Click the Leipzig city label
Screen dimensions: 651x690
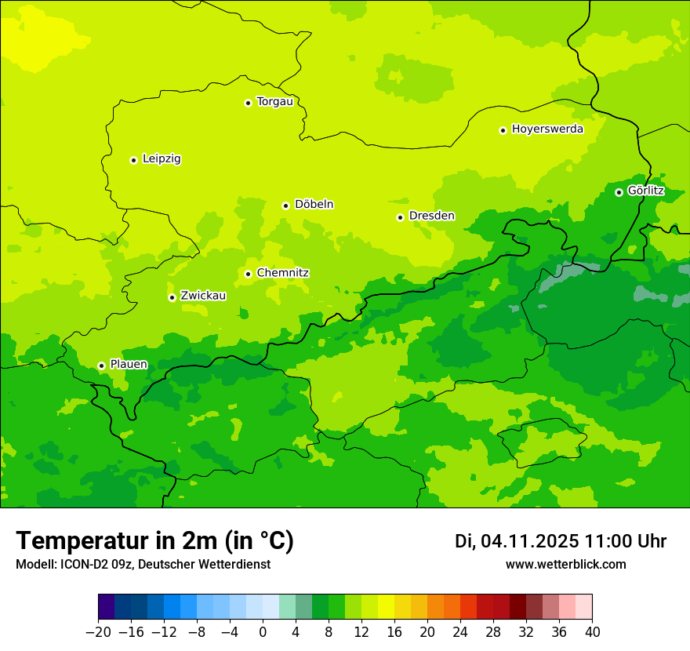tap(162, 159)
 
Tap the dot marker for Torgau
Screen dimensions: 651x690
tap(248, 103)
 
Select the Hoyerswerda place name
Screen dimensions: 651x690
tap(547, 129)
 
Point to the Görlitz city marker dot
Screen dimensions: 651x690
tap(619, 192)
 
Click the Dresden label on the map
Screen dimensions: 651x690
tap(431, 216)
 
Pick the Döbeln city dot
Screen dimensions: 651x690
tap(285, 205)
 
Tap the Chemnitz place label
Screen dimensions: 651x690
tap(282, 273)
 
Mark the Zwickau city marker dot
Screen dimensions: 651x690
tap(172, 297)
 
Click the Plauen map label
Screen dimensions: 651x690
tap(129, 365)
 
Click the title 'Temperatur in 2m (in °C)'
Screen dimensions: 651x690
tap(154, 540)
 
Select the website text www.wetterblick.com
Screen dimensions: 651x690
tap(565, 564)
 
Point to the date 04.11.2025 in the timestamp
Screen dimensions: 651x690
tap(530, 541)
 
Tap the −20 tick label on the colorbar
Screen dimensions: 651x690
tap(98, 632)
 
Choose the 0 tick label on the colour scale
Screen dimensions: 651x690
tap(263, 632)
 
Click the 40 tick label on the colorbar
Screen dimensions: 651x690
tap(592, 632)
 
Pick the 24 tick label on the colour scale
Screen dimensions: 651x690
tap(460, 632)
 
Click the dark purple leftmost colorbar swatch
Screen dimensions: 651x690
tap(107, 607)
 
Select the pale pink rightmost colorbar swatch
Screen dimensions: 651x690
tap(584, 607)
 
